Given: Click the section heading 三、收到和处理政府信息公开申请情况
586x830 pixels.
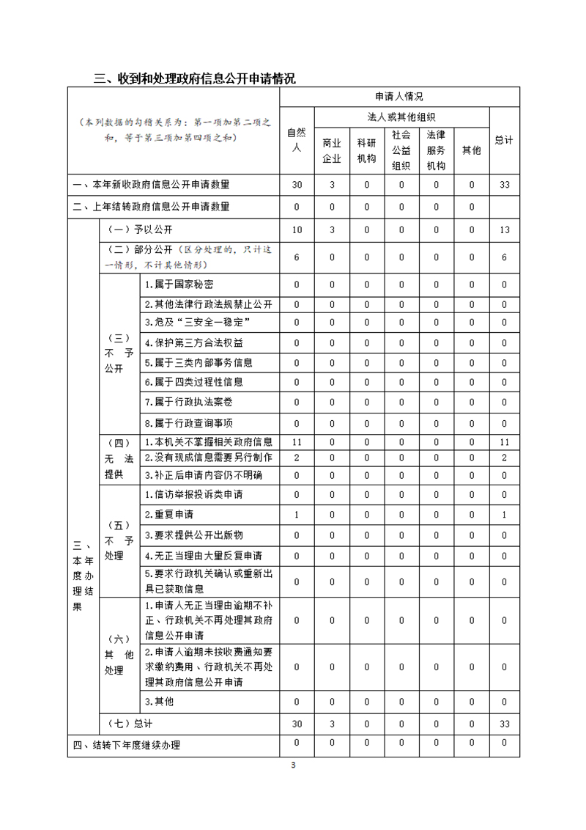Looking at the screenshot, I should pos(195,78).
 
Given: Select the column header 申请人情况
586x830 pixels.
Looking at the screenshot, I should pos(399,97).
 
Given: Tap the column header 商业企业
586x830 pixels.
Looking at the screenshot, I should pos(332,150).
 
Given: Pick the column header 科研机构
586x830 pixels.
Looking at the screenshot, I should pos(366,150).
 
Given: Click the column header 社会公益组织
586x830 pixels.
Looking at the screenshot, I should pos(401,150).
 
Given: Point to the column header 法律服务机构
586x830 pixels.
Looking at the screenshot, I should pos(436,150).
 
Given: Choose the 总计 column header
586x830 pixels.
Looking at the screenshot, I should pos(504,140).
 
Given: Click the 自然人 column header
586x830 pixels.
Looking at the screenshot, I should pos(297,140).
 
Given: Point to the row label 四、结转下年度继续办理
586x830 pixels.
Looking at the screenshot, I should pos(127,746).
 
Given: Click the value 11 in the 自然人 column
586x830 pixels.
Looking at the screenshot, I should pos(297,442).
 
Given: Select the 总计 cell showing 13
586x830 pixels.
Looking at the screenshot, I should pos(504,229).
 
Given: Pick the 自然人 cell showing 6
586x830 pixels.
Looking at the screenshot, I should pos(297,257).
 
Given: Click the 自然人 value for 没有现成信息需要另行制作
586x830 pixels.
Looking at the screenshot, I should pos(297,458).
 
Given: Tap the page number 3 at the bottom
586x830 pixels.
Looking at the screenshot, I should pos(293,766).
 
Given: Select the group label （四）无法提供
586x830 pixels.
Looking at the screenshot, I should pos(119,458).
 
